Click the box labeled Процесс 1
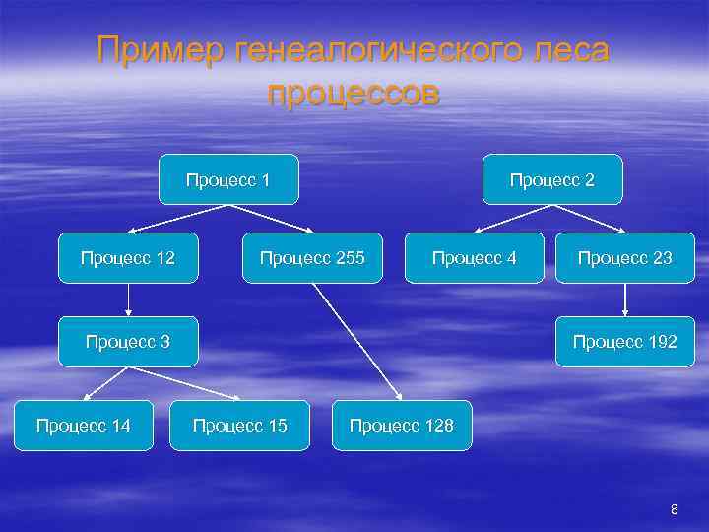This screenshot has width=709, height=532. pyautogui.click(x=228, y=179)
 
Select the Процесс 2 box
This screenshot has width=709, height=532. pyautogui.click(x=551, y=179)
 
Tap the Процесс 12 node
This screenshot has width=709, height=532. pyautogui.click(x=128, y=258)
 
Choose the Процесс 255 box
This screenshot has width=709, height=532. pyautogui.click(x=312, y=258)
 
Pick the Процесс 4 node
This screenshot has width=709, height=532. pyautogui.click(x=474, y=258)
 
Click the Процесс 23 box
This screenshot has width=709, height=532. pyautogui.click(x=624, y=258)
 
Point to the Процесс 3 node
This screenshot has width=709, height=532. pyautogui.click(x=128, y=342)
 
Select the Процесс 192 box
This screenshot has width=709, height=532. pyautogui.click(x=624, y=342)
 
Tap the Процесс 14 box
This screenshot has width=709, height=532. pyautogui.click(x=83, y=426)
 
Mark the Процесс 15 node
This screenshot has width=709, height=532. pyautogui.click(x=240, y=426)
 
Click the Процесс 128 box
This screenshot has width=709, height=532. pyautogui.click(x=402, y=426)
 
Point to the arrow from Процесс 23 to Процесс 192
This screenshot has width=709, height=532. pyautogui.click(x=624, y=299)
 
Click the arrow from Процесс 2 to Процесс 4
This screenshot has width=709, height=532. pyautogui.click(x=512, y=219)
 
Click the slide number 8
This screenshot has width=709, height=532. pyautogui.click(x=674, y=509)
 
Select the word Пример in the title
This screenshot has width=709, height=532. pyautogui.click(x=160, y=49)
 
